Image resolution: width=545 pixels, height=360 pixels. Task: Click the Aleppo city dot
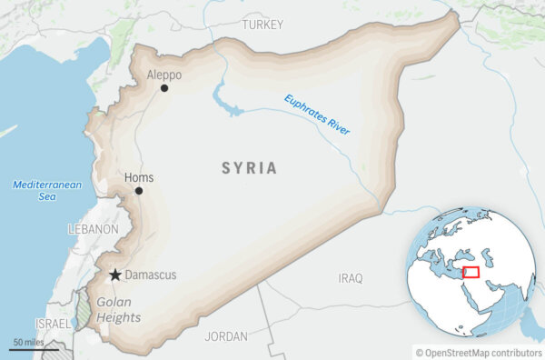pos(164,88)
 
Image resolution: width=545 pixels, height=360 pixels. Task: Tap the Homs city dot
pos(139,191)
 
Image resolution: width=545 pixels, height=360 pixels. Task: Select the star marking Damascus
pos(115,275)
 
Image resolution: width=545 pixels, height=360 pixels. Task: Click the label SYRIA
pos(250,168)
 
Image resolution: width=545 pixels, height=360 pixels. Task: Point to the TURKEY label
pos(263,25)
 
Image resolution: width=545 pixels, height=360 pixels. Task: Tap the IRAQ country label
pos(350,277)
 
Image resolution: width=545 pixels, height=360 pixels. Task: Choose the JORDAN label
pos(226,336)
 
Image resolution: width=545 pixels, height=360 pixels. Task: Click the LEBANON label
pos(93,230)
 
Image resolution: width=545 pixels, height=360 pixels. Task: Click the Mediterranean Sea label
pos(47,190)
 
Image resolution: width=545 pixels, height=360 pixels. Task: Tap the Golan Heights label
pos(118,310)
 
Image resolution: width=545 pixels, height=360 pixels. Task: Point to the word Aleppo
pos(163,75)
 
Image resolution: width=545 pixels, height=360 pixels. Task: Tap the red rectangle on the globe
pos(470,272)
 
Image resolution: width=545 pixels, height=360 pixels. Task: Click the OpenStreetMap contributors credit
pos(478,352)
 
